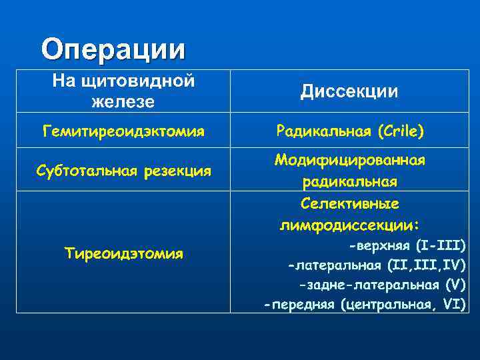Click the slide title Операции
pos(113,49)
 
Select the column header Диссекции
pos(349,91)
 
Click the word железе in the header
pos(123,102)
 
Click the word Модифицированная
pos(349,161)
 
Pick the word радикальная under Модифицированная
pos(349,182)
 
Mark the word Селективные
pos(349,203)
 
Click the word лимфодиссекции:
pos(349,224)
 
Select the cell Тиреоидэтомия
pos(123,253)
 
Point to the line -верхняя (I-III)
pos(407,245)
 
